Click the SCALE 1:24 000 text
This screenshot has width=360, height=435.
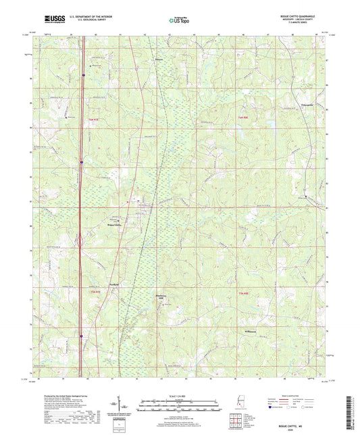pyautogui.click(x=180, y=395)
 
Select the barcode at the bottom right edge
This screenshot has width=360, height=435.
pyautogui.click(x=354, y=405)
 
